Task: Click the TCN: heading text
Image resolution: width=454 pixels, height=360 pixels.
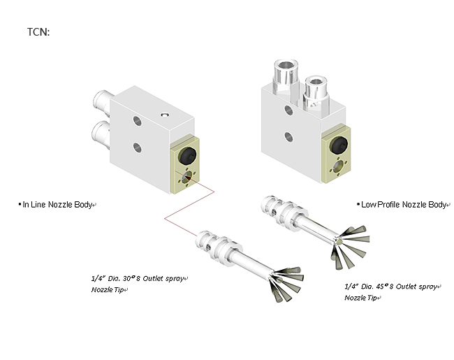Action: click(38, 32)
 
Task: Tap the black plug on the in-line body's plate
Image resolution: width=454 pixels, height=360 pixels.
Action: click(187, 154)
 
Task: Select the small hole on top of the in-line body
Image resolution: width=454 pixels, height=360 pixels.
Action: click(165, 113)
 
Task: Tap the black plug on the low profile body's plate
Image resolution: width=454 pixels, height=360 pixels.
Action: click(339, 145)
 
